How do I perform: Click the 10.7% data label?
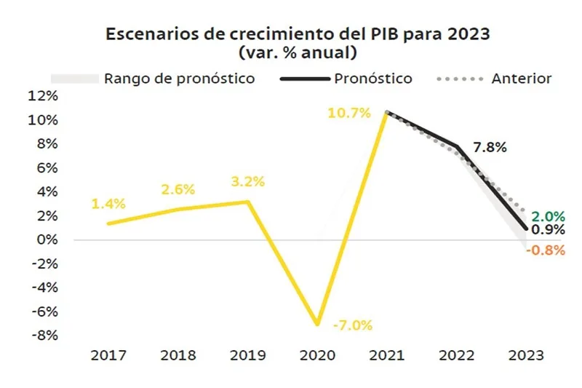coord(350,113)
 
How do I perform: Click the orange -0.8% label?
coord(546,250)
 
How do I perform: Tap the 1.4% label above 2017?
coord(108,204)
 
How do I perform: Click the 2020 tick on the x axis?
coord(318,356)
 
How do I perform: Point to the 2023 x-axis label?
coord(527,356)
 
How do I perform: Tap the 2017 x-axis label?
coord(108,356)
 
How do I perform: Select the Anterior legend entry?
coord(521,79)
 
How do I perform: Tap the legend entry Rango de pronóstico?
coord(179,79)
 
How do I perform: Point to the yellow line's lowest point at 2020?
coord(317,324)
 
